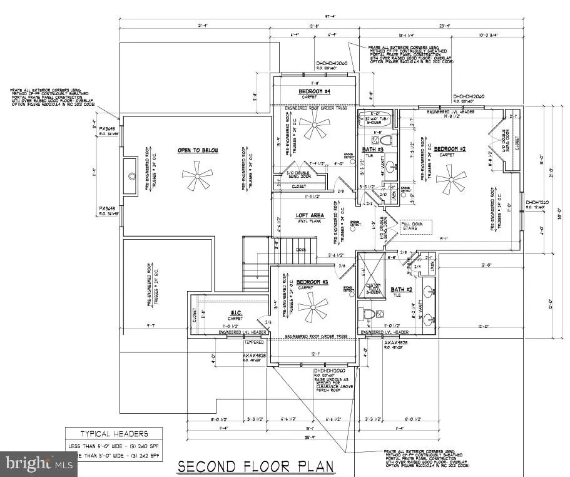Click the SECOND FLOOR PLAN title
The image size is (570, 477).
(x=256, y=466)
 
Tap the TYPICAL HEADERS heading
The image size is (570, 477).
(x=113, y=433)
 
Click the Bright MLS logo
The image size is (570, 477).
(x=38, y=464)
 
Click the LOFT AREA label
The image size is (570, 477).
(x=308, y=216)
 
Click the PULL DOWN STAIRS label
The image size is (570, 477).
(x=413, y=225)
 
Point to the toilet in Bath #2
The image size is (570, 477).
(x=365, y=314)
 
